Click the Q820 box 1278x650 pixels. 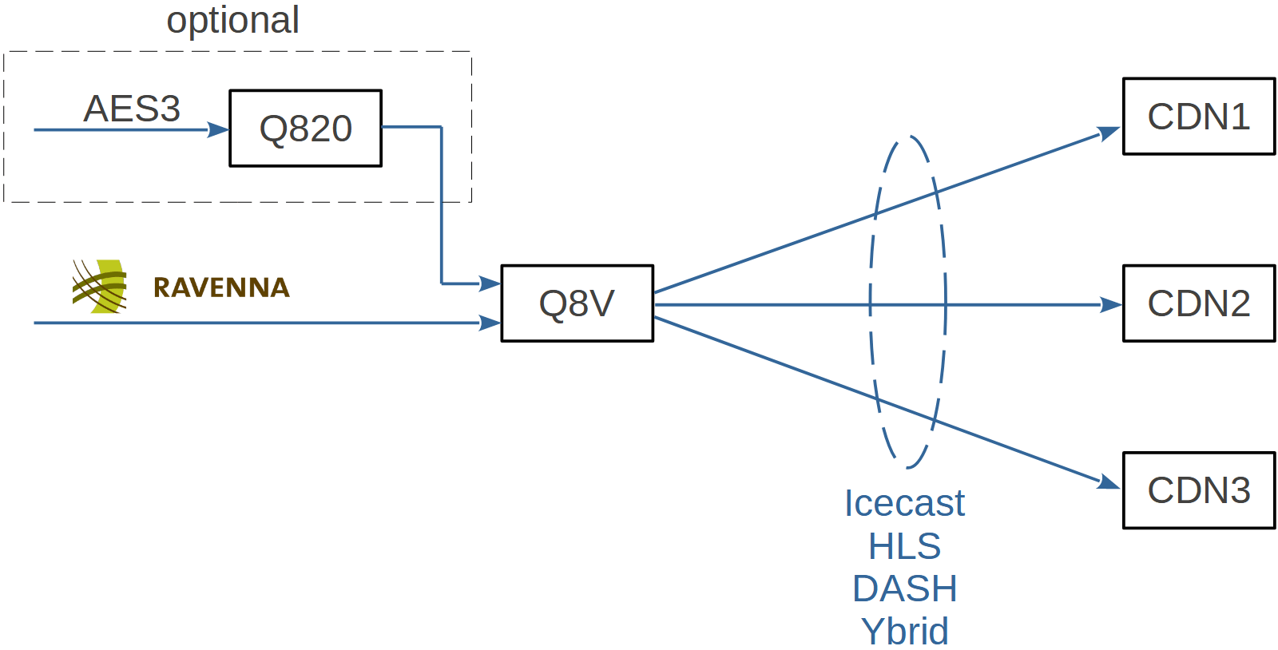pos(305,129)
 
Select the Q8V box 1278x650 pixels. pos(577,303)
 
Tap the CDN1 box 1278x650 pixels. pos(1198,117)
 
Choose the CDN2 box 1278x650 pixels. pos(1198,303)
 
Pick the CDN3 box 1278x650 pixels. pos(1198,490)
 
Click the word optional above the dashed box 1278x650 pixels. pos(232,20)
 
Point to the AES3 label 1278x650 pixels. pos(132,109)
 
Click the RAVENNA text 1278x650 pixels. pos(221,287)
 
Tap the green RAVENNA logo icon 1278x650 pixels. pos(100,286)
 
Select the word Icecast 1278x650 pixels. pos(904,503)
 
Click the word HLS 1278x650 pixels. pos(904,546)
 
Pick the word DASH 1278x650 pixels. pos(904,589)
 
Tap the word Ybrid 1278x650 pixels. pos(904,632)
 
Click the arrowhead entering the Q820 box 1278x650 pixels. pos(219,129)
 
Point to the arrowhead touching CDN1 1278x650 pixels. pos(1109,133)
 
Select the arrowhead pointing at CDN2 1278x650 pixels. pos(1112,304)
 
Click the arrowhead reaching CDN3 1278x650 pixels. pos(1109,482)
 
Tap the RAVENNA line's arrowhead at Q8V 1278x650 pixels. pos(490,323)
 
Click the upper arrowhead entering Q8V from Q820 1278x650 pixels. pos(490,283)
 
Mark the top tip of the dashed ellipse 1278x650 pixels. pos(908,137)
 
